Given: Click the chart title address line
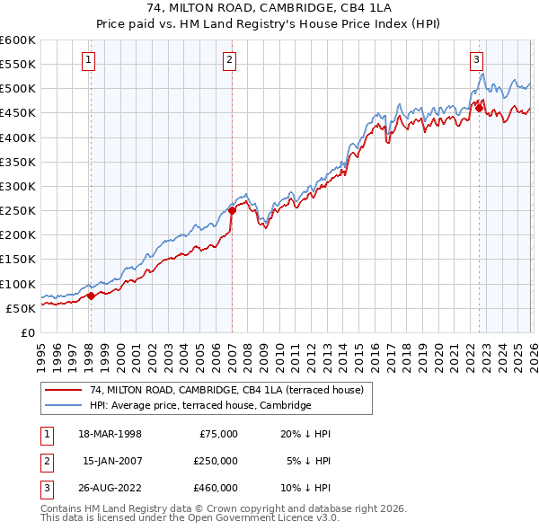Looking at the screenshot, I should coord(269,8).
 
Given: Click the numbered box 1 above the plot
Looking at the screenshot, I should coord(90,60).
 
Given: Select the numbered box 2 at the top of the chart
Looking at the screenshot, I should coord(230,60).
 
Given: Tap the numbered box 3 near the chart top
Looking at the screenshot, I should coord(476,60).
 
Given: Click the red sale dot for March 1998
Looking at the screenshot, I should coord(91,296).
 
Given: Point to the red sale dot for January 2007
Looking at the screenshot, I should coord(232,211).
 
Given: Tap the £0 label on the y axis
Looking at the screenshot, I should coord(27,332).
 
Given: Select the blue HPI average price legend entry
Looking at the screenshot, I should coord(199,405).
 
